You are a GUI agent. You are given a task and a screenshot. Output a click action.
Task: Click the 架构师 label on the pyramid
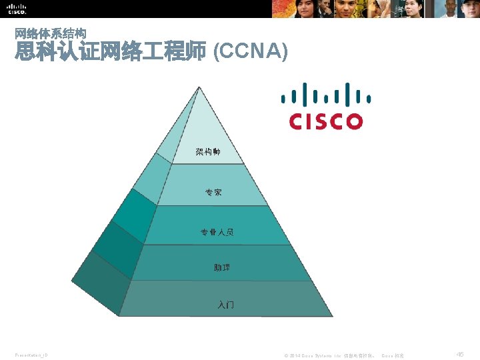(208, 153)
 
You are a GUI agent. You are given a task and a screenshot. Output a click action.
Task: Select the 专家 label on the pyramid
(213, 193)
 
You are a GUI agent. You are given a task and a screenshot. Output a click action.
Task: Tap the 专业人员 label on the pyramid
(217, 233)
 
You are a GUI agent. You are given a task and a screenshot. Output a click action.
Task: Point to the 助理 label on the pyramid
(222, 267)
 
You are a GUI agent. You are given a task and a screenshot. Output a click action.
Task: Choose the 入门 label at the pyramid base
(225, 305)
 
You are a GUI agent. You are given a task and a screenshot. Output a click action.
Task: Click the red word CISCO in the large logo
(326, 121)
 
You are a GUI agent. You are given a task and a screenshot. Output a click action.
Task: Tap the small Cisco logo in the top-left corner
(17, 9)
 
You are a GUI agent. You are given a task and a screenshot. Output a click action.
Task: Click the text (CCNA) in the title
(250, 51)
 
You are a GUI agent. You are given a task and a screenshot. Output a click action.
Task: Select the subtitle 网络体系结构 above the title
(50, 33)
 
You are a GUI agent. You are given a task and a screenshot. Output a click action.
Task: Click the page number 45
(460, 355)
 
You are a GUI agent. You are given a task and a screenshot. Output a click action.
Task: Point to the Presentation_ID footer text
(31, 355)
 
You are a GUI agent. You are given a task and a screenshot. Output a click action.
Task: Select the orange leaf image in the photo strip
(292, 9)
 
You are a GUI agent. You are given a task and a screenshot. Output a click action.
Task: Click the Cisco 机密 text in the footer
(393, 356)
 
